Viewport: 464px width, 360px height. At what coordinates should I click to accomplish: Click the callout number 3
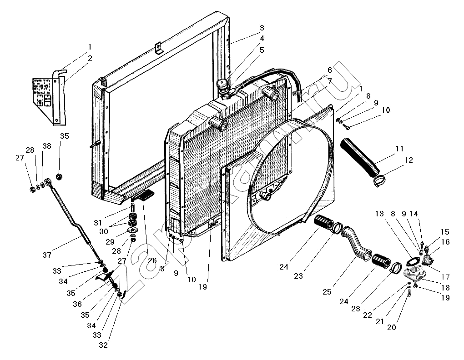262,28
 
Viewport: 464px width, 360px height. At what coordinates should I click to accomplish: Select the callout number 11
399,149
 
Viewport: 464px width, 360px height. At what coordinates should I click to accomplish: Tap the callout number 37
47,255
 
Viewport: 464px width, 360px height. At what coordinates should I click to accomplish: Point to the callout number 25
327,292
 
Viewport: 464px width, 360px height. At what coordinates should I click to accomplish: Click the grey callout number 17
445,277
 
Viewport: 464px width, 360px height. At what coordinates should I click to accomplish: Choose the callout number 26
152,260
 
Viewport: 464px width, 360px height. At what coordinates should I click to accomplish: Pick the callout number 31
98,223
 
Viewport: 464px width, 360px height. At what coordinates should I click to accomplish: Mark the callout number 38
46,146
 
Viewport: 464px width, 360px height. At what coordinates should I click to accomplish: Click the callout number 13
379,213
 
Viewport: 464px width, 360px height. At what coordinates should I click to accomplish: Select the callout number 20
391,327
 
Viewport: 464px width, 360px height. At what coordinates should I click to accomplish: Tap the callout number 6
329,70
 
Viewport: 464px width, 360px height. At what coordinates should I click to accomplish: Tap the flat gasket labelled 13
413,262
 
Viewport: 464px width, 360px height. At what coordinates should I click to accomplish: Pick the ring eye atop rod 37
47,180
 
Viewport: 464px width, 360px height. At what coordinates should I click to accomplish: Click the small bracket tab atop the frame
159,49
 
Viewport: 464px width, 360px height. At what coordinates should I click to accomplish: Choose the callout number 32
103,345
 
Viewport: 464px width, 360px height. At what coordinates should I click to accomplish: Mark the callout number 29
110,241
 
